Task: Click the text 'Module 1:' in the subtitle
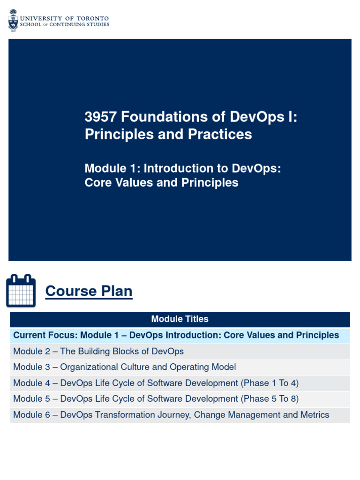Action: point(111,168)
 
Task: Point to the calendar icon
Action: point(21,291)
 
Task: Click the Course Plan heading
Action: point(89,291)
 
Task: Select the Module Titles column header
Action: point(180,319)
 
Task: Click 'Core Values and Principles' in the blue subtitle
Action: point(161,182)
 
